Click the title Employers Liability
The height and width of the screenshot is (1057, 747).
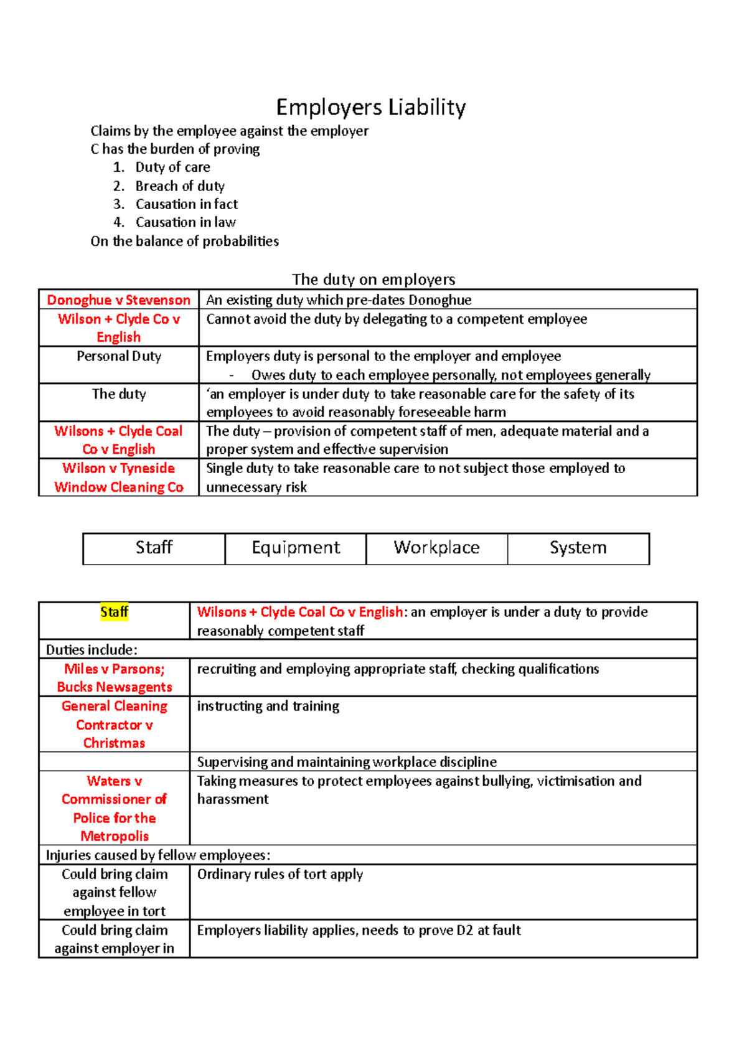tap(371, 107)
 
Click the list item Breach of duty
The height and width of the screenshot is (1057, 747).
tap(180, 186)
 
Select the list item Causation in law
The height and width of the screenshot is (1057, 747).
tap(186, 222)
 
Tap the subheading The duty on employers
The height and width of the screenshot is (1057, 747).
tap(374, 280)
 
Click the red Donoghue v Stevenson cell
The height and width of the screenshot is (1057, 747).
tap(119, 300)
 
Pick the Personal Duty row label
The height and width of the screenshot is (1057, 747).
tap(119, 356)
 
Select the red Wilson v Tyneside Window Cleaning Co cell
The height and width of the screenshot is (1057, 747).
tap(119, 477)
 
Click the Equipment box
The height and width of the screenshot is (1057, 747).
tap(296, 548)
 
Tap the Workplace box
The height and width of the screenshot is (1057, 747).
tap(436, 548)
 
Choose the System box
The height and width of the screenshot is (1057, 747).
tap(578, 548)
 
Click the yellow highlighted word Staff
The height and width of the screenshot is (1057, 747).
tap(115, 612)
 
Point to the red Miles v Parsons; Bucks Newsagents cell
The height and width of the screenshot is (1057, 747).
tap(115, 678)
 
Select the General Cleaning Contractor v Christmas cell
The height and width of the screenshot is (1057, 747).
tap(115, 725)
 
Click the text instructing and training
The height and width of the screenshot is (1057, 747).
tap(268, 707)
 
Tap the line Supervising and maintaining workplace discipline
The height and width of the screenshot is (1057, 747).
tap(347, 762)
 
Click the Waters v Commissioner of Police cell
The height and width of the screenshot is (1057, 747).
tap(115, 808)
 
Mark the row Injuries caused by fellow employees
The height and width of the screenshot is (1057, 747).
tap(158, 855)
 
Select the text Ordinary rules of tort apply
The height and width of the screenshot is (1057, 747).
tap(280, 875)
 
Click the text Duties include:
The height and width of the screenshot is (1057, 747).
tap(92, 650)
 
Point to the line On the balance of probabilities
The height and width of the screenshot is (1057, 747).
tap(185, 242)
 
